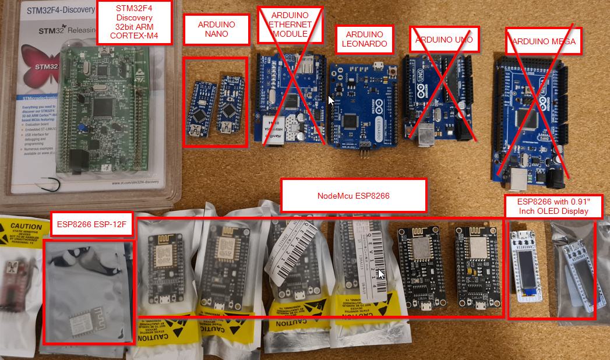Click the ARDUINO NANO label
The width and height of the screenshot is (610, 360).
pos(217,29)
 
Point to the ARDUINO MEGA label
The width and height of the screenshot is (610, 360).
pos(543,41)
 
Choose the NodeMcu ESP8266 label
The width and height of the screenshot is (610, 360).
pos(354,196)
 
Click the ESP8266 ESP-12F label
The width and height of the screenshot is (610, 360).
pos(91,223)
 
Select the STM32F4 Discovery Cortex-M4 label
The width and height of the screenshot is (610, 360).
pos(135,23)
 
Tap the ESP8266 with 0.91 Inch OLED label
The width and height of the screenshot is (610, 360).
pos(552,206)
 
